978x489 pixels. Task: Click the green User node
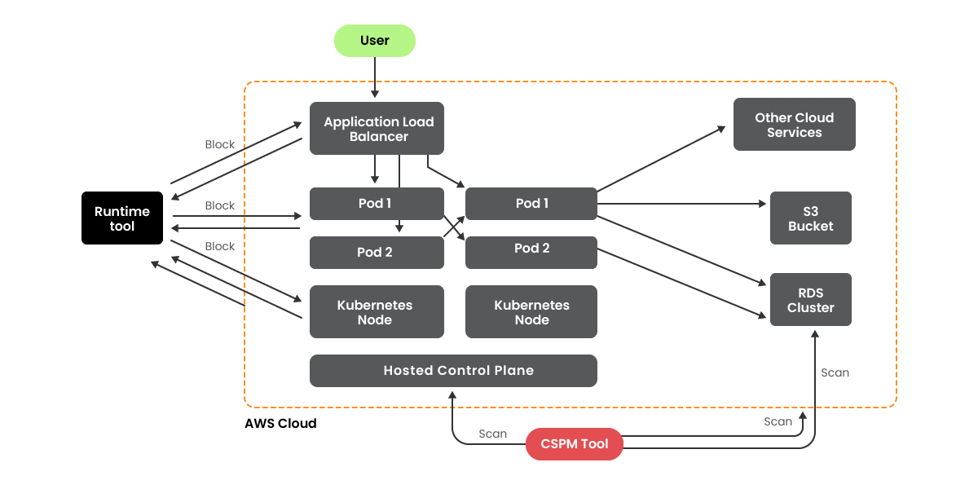[x=375, y=41]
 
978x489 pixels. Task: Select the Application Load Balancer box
[x=377, y=129]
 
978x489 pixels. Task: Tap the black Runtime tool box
[x=122, y=218]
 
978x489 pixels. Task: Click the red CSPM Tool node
[x=574, y=444]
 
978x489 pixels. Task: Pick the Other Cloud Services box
[x=794, y=125]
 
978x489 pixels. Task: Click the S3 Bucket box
[x=810, y=218]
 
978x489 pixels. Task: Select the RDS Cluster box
[x=810, y=300]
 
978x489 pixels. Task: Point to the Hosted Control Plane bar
[x=453, y=371]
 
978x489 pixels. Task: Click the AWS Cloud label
[x=280, y=424]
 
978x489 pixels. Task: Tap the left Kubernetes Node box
[x=377, y=312]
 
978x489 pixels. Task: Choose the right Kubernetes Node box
[x=531, y=312]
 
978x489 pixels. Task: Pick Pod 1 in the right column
[x=531, y=204]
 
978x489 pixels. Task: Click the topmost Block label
[x=220, y=144]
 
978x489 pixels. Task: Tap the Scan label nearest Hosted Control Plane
[x=492, y=434]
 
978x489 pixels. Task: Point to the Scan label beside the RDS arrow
[x=835, y=372]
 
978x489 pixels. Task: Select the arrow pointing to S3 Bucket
[x=685, y=204]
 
